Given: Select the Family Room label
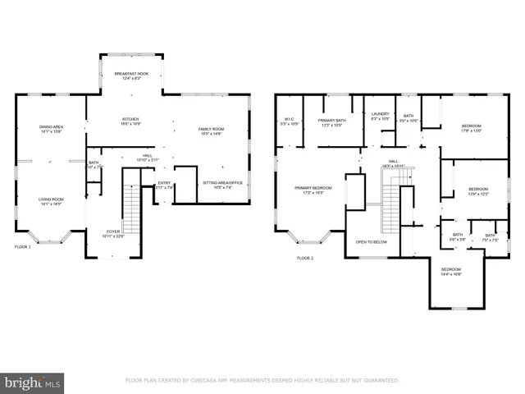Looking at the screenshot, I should [x=211, y=131].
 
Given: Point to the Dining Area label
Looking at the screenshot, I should [x=52, y=128].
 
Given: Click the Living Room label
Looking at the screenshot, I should [x=52, y=201].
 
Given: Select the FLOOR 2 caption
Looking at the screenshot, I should [x=305, y=258].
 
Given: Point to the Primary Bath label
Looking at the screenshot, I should [x=332, y=121].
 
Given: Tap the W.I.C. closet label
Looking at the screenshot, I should [x=290, y=121].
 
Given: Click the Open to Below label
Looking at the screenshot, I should [x=372, y=242].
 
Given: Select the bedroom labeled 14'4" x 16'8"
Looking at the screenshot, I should [x=451, y=272].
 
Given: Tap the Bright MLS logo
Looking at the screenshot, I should [x=33, y=383].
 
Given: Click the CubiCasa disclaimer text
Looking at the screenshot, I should [x=262, y=381].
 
